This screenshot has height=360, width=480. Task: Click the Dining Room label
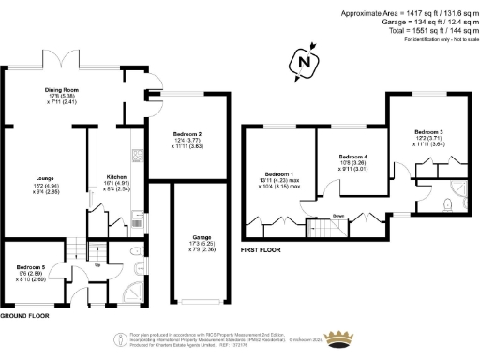61,90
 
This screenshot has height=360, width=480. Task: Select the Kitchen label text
116,175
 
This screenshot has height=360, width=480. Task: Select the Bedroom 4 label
352,156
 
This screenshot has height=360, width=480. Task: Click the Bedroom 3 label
427,131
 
